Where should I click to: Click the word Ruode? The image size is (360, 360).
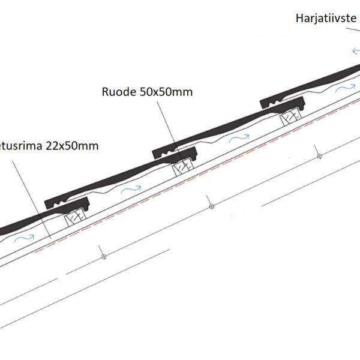click(118, 92)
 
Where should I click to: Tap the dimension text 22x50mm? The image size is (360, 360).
click(72, 146)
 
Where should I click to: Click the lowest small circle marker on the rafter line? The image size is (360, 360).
click(103, 257)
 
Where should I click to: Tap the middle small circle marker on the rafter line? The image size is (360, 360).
click(211, 206)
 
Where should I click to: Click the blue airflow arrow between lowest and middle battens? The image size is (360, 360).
click(131, 191)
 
